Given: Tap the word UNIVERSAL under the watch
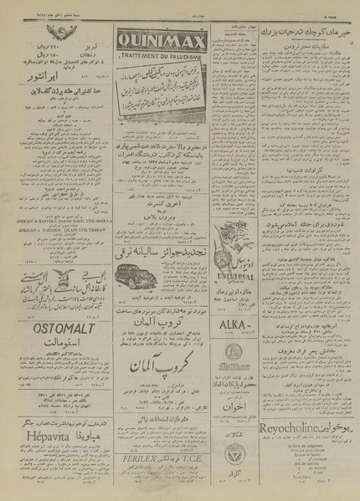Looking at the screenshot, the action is click(242, 274).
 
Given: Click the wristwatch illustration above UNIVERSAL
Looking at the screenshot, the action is click(243, 247).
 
